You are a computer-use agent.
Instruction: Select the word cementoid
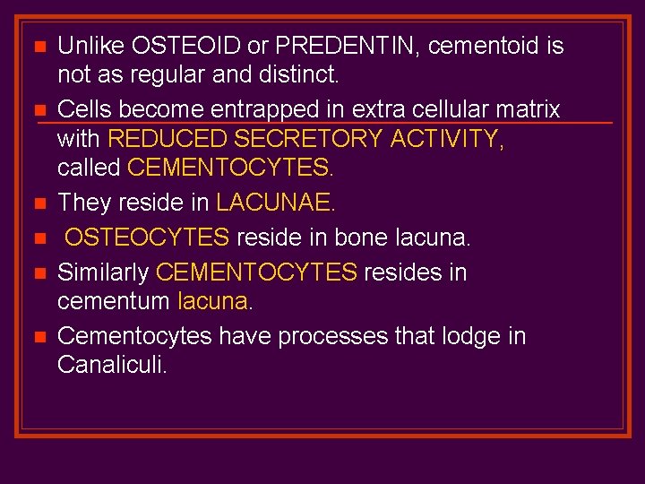(467, 46)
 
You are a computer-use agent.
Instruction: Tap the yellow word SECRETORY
(305, 139)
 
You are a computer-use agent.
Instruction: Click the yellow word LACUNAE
(274, 203)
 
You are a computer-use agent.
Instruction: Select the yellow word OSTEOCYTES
(147, 238)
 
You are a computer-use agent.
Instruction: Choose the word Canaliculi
(111, 366)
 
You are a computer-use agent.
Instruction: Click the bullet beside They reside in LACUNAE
(38, 204)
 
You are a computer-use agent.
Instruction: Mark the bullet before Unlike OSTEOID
(38, 47)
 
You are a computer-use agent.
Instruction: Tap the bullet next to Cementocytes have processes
(38, 338)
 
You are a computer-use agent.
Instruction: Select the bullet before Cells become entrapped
(38, 111)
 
